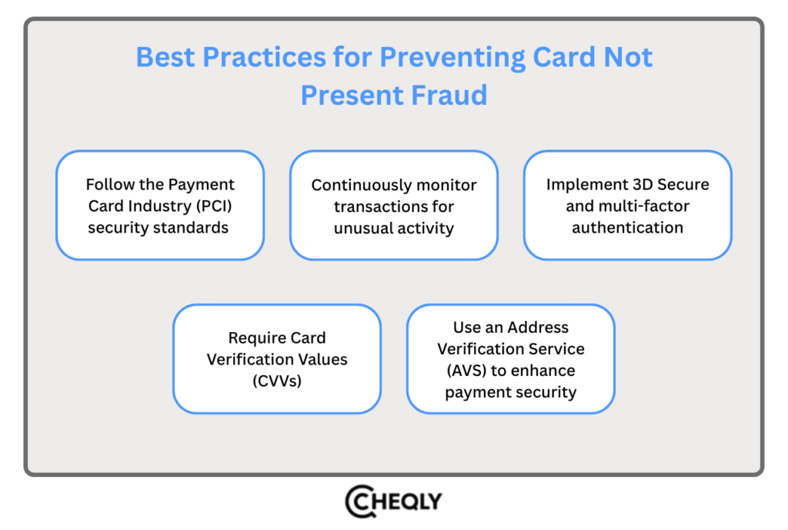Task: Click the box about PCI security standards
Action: click(160, 206)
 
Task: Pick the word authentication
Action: click(627, 228)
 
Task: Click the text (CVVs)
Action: click(276, 381)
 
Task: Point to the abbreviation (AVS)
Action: click(466, 371)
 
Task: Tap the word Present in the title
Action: click(346, 95)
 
